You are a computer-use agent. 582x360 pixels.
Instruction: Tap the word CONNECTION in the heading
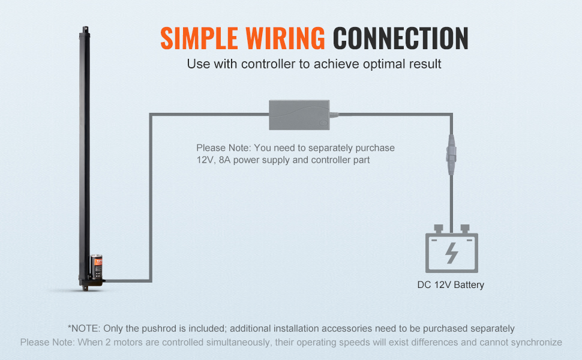point(400,38)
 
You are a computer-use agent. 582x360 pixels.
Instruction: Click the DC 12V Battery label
point(451,285)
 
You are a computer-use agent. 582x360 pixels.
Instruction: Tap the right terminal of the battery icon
point(464,229)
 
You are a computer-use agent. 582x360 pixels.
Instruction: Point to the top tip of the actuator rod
point(85,28)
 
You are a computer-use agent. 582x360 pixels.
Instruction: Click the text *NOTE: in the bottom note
point(84,328)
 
